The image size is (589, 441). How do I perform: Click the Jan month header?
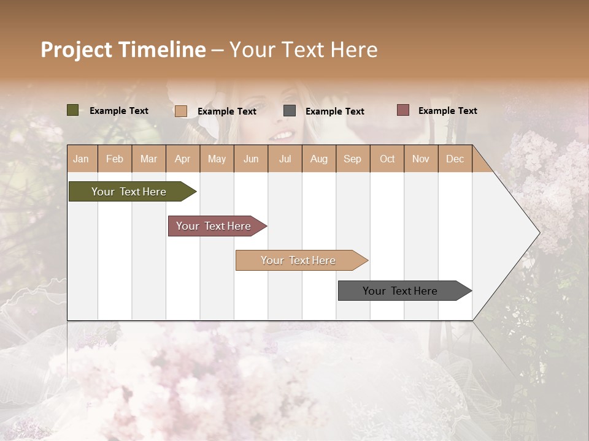[82, 159]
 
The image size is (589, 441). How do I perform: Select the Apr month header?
[183, 159]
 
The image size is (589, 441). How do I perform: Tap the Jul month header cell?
[285, 159]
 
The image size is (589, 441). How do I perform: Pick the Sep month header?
[352, 159]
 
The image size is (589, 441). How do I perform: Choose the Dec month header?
[455, 159]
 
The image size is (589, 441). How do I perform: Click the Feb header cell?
[115, 159]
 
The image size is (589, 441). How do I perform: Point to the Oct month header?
[387, 159]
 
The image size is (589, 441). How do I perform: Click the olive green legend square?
[72, 110]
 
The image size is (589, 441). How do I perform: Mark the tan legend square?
[180, 111]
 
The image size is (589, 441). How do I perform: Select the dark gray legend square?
[290, 111]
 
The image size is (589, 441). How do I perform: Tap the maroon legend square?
[402, 110]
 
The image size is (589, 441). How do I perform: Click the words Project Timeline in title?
[123, 50]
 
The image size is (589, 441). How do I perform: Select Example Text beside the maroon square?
[447, 110]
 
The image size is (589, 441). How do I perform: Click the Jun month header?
[251, 159]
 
